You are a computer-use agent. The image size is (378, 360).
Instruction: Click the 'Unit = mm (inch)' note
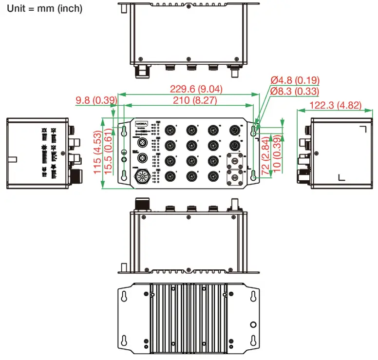point(44,8)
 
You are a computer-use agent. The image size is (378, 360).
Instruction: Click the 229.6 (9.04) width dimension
point(196,89)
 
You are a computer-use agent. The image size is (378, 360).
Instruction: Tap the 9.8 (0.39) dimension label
point(96,100)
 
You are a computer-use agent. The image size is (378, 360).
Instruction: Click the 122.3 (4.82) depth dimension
point(336,105)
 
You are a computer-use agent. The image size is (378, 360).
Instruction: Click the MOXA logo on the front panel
point(142,124)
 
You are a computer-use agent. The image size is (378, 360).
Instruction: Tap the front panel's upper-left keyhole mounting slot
point(124,131)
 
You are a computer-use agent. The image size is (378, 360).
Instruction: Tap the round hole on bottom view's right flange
point(253,324)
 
